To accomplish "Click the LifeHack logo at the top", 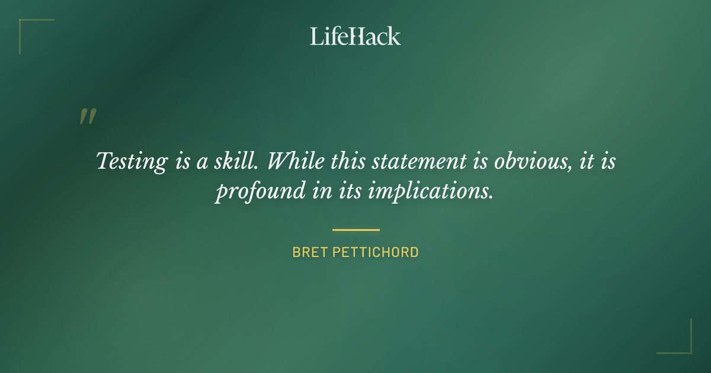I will (x=355, y=36).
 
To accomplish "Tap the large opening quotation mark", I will (x=87, y=117).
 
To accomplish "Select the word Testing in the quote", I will (x=132, y=162).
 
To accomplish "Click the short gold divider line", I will (x=355, y=230).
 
